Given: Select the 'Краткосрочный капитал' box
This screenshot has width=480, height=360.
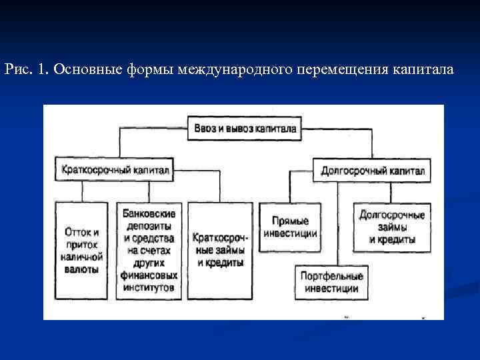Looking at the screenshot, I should click(x=115, y=169).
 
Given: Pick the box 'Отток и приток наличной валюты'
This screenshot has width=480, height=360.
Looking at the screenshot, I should click(x=82, y=251).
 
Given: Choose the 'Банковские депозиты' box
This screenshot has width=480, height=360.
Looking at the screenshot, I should click(x=149, y=251).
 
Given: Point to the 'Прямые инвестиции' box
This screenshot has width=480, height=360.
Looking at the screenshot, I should click(x=290, y=227).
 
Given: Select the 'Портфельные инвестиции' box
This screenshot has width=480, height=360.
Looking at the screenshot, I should click(x=331, y=282).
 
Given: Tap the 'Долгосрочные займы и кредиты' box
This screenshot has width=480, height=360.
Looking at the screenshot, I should click(x=391, y=227).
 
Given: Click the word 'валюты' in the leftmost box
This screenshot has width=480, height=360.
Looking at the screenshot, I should click(x=81, y=269).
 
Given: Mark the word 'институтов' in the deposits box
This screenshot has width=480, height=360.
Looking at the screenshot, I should click(x=149, y=288).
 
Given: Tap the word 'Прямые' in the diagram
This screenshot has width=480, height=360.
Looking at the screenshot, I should click(x=290, y=221).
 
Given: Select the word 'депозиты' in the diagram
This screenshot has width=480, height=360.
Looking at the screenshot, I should click(x=149, y=226).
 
